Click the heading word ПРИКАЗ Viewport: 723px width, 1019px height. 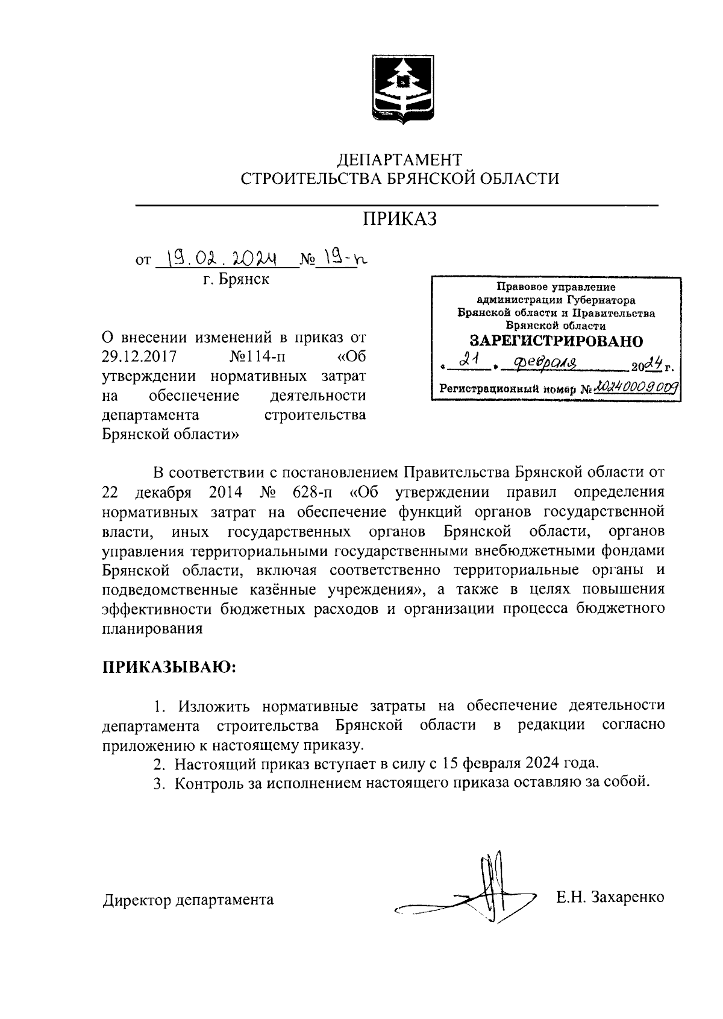tap(399, 219)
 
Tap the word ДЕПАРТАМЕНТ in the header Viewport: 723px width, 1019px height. tap(399, 160)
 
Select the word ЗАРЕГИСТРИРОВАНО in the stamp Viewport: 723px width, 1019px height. tap(556, 341)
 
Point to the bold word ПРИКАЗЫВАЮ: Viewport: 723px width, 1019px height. tap(169, 667)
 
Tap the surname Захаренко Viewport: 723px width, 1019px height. tap(627, 897)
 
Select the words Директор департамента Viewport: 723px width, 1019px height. tap(188, 900)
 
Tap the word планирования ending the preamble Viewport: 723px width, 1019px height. tap(152, 628)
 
